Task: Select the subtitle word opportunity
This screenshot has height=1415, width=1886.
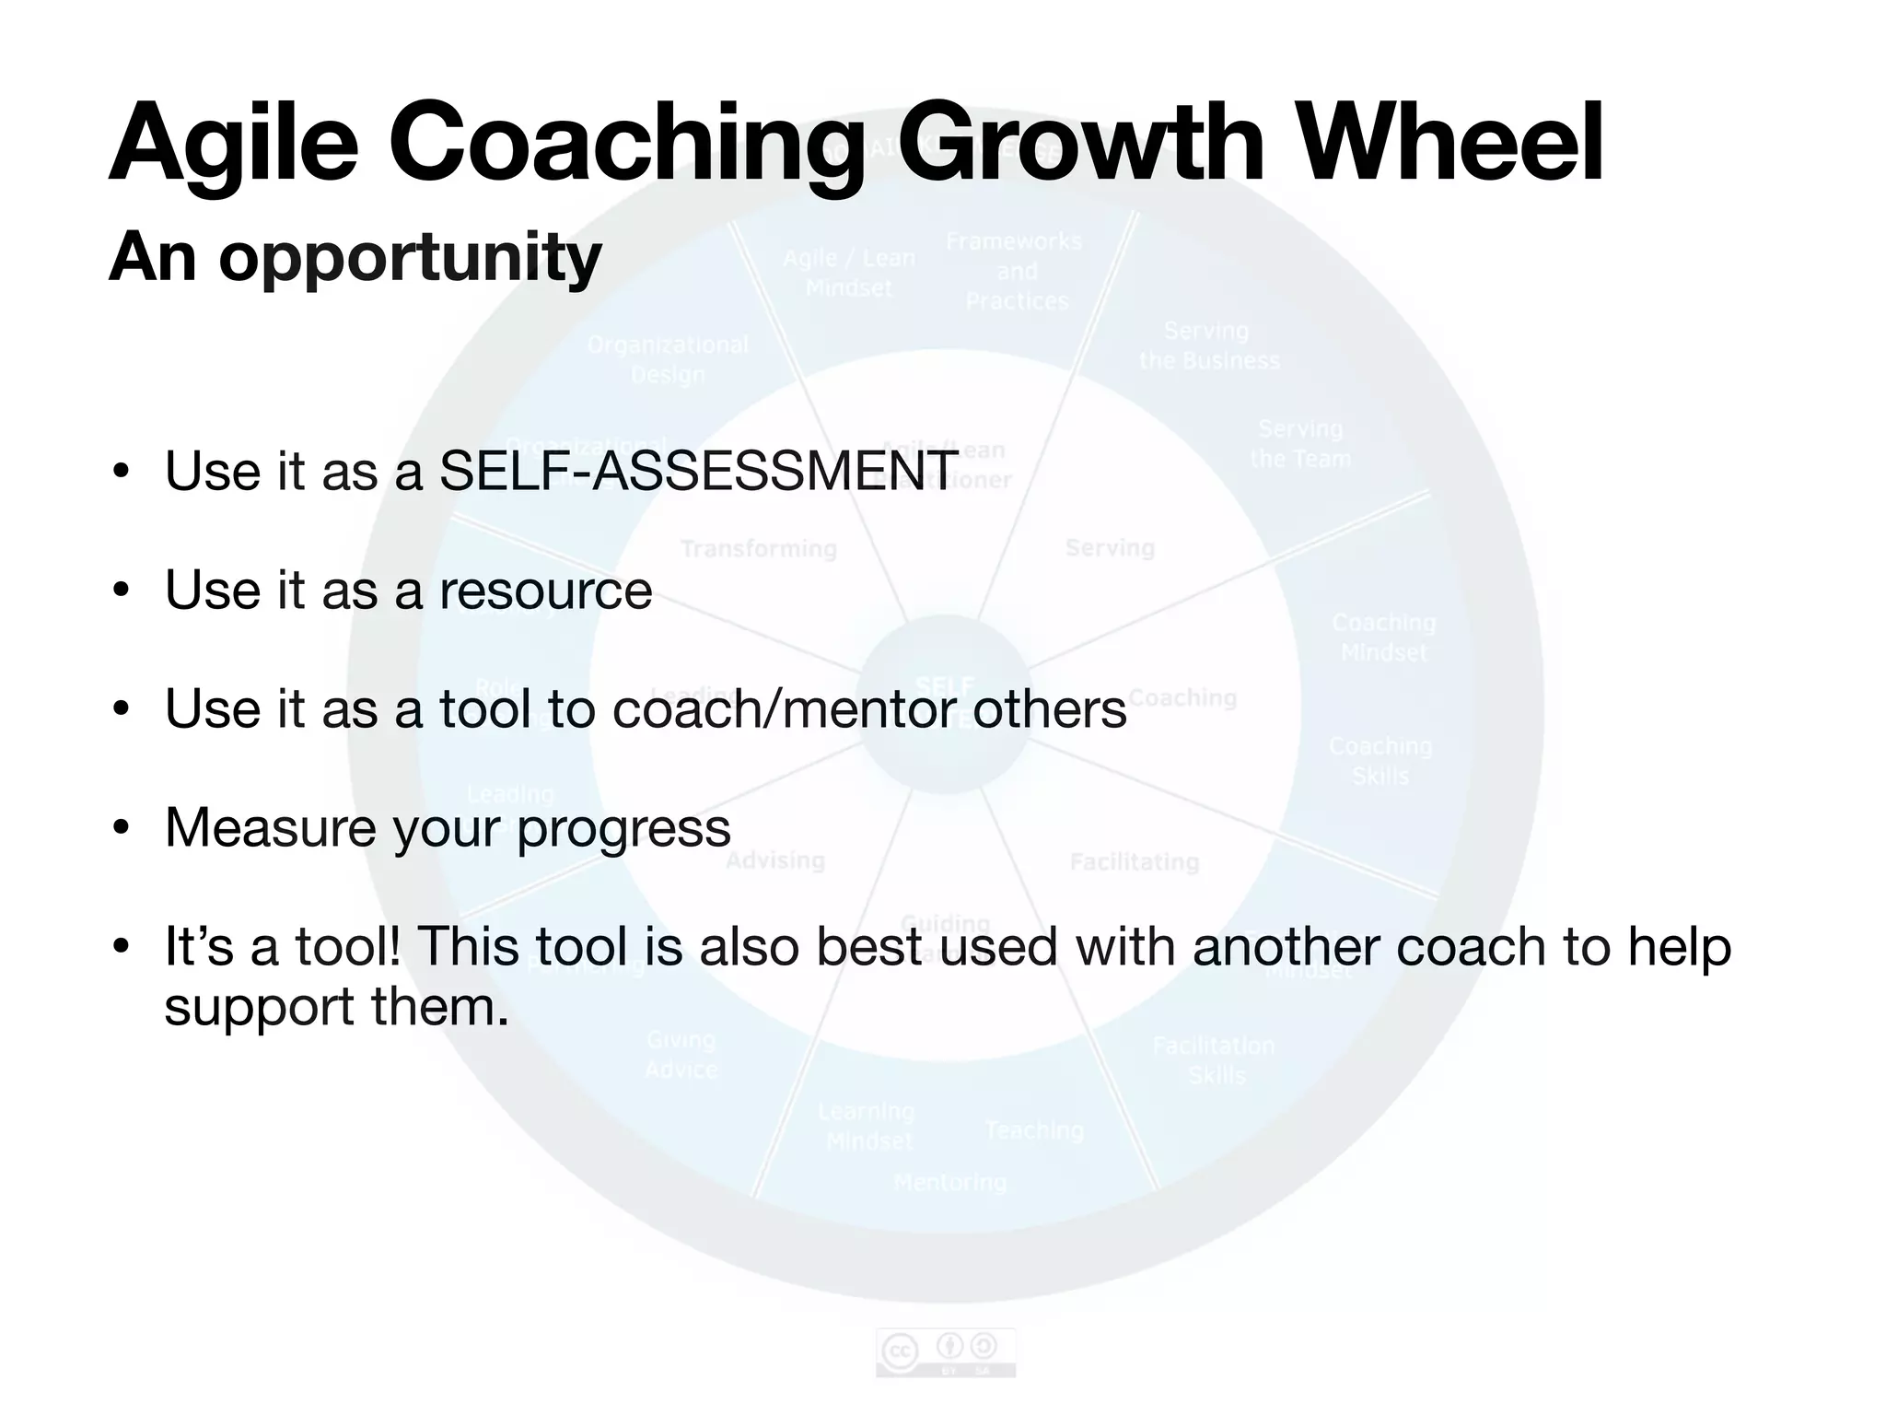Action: coord(410,258)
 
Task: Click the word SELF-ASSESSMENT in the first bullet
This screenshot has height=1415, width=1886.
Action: coord(698,471)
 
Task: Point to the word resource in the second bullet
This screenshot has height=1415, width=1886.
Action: coord(545,590)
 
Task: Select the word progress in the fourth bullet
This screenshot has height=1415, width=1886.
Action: coord(623,827)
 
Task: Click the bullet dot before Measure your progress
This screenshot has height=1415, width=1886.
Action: coord(121,827)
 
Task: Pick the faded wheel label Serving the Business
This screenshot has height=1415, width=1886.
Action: coord(1208,345)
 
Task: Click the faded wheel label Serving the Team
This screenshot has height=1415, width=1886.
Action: coord(1300,443)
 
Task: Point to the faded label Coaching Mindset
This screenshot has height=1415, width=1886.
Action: coord(1383,637)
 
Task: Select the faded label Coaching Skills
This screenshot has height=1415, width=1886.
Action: coord(1380,760)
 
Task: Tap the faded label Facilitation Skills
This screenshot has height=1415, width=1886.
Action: coord(1215,1059)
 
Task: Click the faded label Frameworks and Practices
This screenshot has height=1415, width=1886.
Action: coord(1015,271)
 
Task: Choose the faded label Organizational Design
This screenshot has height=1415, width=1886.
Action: coord(669,359)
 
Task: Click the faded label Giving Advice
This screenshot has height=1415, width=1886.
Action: coord(681,1054)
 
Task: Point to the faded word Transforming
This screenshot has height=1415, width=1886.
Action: coord(759,549)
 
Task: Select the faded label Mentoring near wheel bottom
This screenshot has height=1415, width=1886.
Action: coord(950,1182)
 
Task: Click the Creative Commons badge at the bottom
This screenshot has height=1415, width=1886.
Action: coord(946,1352)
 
